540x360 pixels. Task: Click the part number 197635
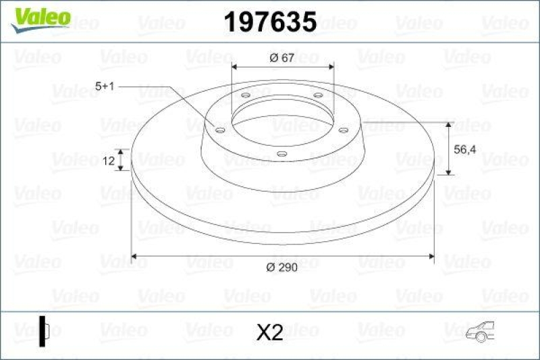270,22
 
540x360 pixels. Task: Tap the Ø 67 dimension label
281,58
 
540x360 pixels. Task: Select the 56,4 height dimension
463,151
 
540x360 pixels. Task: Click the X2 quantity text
270,332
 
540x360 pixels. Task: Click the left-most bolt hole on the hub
219,128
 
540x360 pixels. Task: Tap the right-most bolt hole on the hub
343,129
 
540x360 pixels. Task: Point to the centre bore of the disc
282,122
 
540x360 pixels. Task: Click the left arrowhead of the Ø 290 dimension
135,256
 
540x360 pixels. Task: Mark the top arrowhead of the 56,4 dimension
450,126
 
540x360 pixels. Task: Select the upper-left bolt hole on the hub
245,96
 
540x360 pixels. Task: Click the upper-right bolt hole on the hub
317,95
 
